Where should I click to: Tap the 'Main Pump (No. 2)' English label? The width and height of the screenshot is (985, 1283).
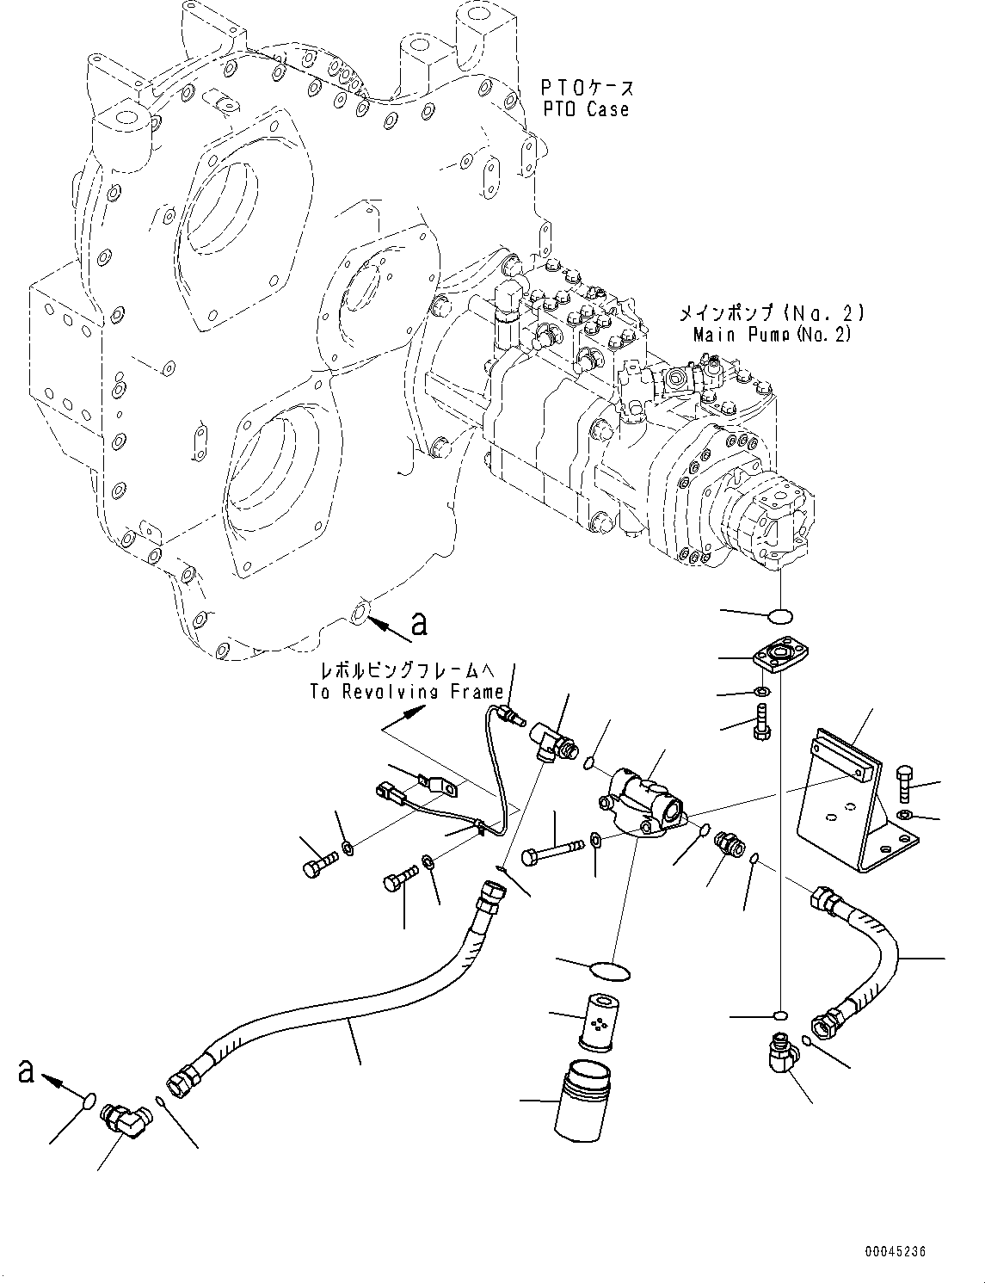point(772,334)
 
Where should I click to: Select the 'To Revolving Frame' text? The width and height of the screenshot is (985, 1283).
point(407,691)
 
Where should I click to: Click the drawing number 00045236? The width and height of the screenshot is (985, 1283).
point(896,1251)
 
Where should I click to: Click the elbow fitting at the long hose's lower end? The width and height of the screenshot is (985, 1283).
point(126,1120)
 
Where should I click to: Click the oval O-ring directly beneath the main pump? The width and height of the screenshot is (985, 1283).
point(780,614)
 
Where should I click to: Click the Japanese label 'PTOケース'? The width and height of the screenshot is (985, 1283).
point(588,87)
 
